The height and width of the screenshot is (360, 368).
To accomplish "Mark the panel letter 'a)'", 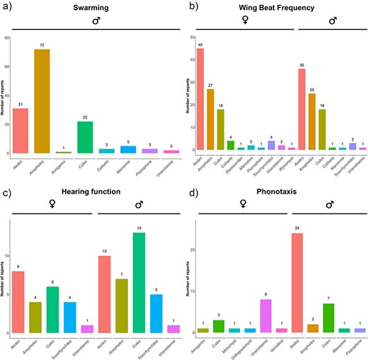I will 6,6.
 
